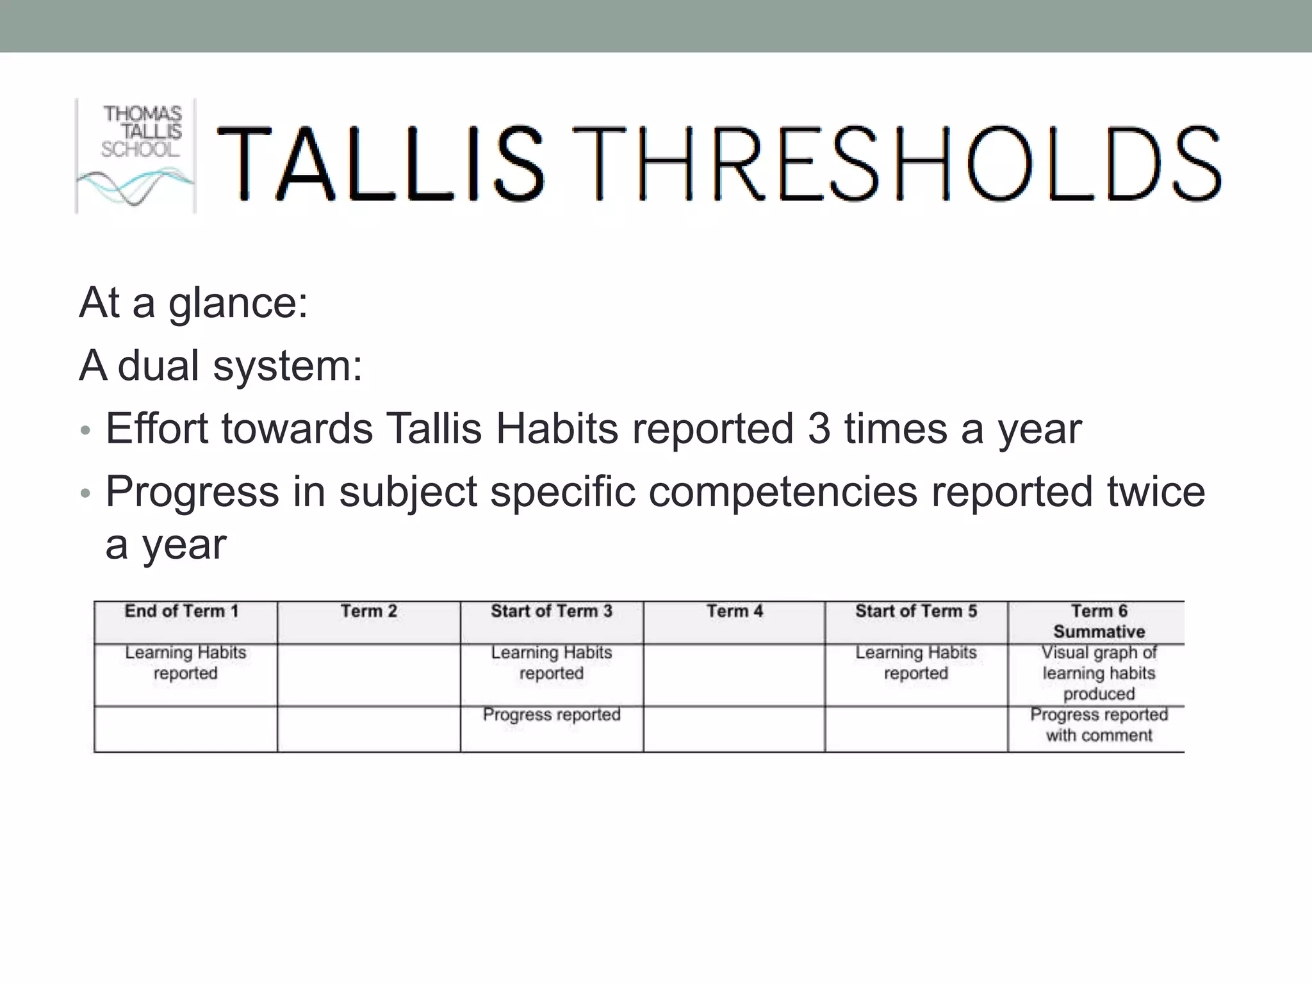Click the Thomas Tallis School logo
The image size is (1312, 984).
point(136,156)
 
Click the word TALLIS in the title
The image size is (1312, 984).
point(381,164)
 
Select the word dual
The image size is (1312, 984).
point(158,366)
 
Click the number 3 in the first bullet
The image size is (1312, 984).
point(819,429)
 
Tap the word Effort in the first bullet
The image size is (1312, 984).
point(157,429)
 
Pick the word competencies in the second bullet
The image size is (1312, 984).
point(783,491)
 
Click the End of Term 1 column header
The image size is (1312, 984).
point(182,612)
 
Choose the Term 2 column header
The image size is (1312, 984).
point(368,612)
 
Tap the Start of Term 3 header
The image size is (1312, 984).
point(552,612)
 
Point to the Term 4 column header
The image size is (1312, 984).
point(735,612)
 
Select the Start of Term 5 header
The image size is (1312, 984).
point(916,612)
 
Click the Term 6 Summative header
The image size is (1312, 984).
point(1099,621)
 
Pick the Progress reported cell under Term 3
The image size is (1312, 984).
point(552,715)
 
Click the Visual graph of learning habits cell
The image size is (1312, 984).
point(1099,673)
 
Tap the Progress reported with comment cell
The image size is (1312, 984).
point(1099,725)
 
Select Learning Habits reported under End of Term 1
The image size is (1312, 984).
point(186,663)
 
